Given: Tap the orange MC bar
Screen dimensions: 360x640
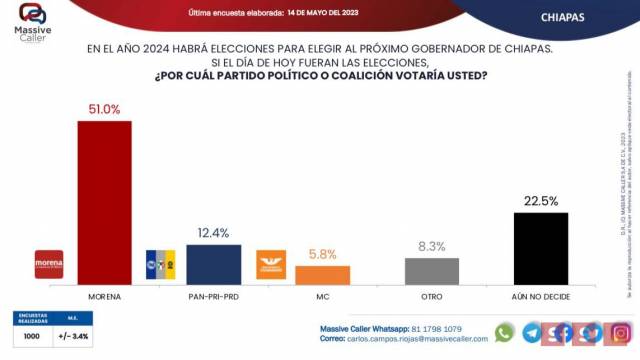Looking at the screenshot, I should [x=322, y=275].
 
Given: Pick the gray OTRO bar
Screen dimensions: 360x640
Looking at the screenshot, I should [x=432, y=271].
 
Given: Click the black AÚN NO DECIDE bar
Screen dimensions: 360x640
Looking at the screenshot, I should [x=540, y=248].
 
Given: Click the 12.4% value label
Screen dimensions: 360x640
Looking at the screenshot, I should [x=214, y=234].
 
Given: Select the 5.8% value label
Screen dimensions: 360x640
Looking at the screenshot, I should [x=322, y=255].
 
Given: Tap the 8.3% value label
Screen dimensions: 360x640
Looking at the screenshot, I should [x=432, y=247].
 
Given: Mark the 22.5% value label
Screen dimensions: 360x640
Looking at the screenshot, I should [x=540, y=201].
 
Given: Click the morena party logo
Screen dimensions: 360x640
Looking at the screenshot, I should [x=49, y=263].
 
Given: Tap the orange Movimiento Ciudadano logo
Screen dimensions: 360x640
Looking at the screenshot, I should [x=271, y=263].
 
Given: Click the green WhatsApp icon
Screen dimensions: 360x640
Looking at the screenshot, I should [x=505, y=332].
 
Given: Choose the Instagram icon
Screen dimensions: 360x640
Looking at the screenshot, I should [x=620, y=332].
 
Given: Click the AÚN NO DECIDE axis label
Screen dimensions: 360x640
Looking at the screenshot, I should [x=540, y=297].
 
